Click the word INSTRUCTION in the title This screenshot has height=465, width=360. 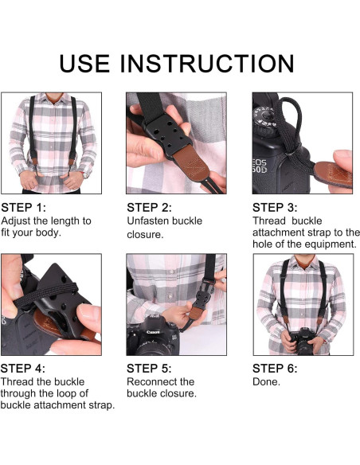tap(207, 63)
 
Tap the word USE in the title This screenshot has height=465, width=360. tap(84, 63)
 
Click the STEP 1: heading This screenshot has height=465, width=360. tap(24, 208)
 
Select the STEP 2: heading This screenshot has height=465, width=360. tap(149, 208)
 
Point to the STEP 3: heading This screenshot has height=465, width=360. tap(275, 208)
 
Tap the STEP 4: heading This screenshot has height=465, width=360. tap(23, 369)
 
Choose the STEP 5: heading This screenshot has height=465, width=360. tap(149, 369)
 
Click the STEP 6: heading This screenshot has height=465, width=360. tap(275, 369)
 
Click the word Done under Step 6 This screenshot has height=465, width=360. tap(266, 381)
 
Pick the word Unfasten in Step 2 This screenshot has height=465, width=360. tap(148, 221)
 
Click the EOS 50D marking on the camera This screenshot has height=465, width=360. tap(260, 166)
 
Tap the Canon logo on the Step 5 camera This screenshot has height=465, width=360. tap(153, 332)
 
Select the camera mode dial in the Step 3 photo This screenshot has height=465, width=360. tap(265, 119)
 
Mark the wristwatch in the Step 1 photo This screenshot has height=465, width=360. tap(86, 174)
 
